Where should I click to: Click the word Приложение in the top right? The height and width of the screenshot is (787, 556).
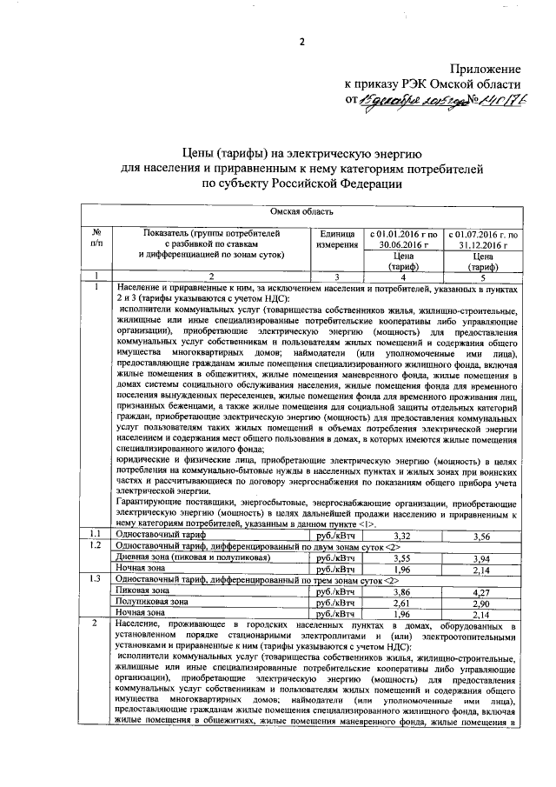pyautogui.click(x=486, y=69)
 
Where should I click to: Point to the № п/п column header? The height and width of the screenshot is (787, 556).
pyautogui.click(x=97, y=240)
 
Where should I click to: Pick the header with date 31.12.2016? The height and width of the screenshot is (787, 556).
pyautogui.click(x=480, y=240)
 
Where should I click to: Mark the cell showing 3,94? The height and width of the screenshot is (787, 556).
pyautogui.click(x=480, y=557)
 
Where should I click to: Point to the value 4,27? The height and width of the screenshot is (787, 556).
pyautogui.click(x=480, y=590)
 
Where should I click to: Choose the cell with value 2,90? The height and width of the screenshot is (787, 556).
pyautogui.click(x=480, y=601)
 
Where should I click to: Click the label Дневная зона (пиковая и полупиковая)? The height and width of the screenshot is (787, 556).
pyautogui.click(x=175, y=557)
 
